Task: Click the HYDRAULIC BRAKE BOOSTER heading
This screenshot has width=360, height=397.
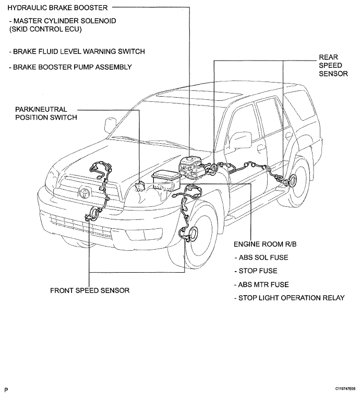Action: point(57,8)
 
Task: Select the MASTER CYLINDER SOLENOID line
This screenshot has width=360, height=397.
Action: point(63,21)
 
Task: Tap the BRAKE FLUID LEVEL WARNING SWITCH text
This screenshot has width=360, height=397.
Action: point(77,51)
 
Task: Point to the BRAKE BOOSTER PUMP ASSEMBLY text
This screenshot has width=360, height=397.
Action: point(70,67)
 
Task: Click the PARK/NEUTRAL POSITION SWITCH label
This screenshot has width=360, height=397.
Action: point(46,113)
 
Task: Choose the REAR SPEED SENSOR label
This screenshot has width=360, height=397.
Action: point(333,66)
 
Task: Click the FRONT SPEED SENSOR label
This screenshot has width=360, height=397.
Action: point(90,290)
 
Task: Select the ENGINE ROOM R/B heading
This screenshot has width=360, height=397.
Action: point(265,244)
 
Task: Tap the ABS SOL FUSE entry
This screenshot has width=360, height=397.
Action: point(261,258)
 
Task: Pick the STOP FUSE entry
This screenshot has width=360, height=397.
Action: point(256,271)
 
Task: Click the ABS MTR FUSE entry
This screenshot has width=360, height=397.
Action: point(262,285)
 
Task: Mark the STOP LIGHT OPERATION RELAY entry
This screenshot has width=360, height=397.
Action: point(290,298)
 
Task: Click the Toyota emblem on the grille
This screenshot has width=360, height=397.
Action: point(83,192)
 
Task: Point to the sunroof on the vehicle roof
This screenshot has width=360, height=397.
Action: point(199,96)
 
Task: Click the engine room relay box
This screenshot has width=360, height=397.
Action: point(166,180)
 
